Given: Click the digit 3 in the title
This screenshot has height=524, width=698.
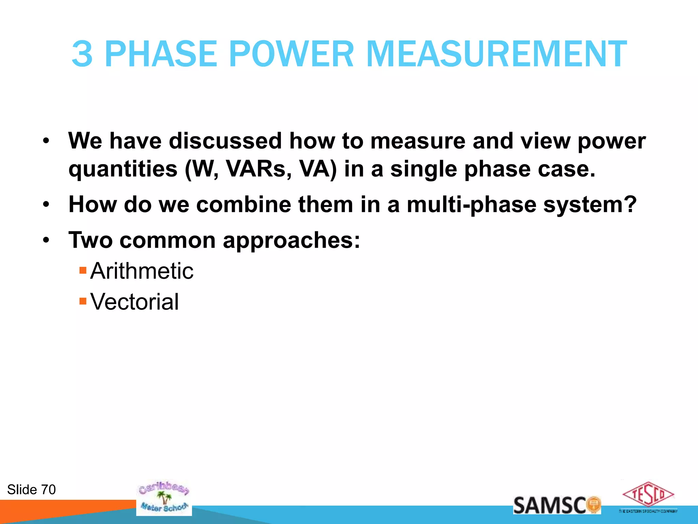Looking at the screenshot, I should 82,54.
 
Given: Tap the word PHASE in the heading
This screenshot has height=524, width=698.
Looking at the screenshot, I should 161,54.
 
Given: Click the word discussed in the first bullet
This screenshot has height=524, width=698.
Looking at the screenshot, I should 225,141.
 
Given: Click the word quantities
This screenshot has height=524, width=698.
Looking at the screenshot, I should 123,170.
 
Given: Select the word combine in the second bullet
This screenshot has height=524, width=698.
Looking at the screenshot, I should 244,204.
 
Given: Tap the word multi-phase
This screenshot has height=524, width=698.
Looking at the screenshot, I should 471,205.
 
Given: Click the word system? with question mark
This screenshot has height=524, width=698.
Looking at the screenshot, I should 590,205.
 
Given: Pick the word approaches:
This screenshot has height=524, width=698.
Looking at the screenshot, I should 291,241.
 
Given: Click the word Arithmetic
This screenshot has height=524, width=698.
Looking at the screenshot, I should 142,271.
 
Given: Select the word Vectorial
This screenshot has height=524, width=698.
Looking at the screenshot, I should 134,302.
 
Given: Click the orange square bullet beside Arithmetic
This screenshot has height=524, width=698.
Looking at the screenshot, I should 83,271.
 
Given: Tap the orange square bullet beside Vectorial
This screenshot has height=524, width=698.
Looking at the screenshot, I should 83,301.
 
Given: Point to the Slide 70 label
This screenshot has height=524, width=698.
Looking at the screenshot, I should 31,490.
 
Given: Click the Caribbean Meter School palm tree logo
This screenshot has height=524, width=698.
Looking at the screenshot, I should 164,498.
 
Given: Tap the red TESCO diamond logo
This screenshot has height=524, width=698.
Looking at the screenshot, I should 648,495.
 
